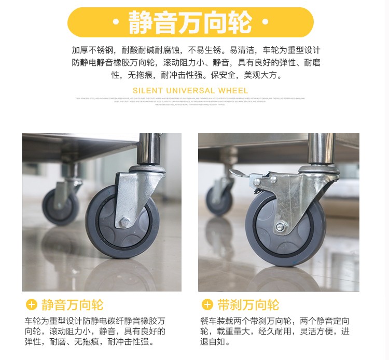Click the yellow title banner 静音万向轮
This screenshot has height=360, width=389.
(x=190, y=22)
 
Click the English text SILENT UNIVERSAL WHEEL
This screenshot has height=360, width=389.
(x=190, y=91)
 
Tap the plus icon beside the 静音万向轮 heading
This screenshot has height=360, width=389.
(x=32, y=304)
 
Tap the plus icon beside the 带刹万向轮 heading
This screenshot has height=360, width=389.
(x=207, y=304)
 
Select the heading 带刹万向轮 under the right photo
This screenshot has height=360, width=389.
(x=247, y=304)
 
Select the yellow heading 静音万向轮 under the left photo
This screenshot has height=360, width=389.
(x=72, y=304)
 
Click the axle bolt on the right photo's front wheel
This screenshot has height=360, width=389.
(x=280, y=227)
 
